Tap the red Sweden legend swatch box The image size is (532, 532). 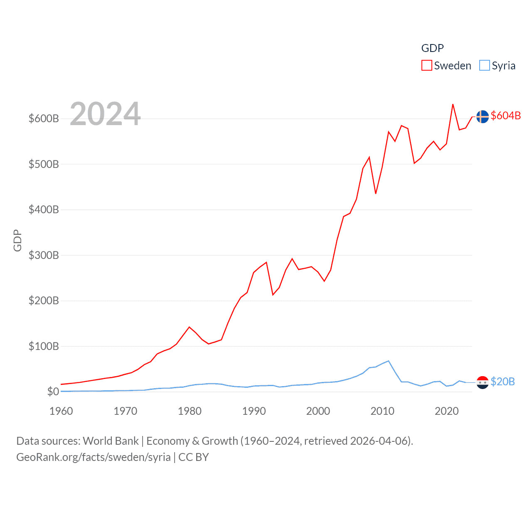click(x=426, y=66)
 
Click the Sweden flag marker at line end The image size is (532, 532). click(x=482, y=117)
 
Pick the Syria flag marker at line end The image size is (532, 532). click(x=482, y=382)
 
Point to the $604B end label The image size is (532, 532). click(x=505, y=116)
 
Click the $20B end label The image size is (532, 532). click(x=502, y=382)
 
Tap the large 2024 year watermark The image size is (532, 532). click(x=105, y=114)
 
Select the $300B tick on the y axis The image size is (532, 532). click(x=44, y=255)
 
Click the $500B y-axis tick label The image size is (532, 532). click(x=44, y=164)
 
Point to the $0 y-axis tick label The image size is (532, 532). click(x=53, y=392)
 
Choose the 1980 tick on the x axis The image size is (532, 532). click(x=190, y=411)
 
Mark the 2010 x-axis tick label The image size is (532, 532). click(x=382, y=411)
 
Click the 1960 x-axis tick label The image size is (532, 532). click(x=61, y=411)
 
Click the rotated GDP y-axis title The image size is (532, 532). click(x=17, y=240)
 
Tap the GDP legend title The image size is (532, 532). click(x=432, y=48)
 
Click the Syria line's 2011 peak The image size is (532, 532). click(x=389, y=361)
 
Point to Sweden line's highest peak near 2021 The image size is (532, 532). click(x=453, y=104)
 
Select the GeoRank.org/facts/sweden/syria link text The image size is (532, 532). click(x=94, y=457)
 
